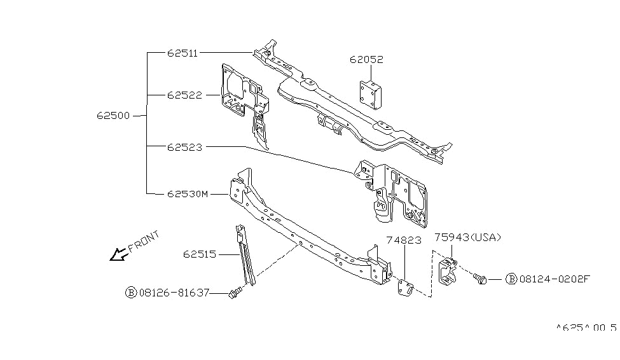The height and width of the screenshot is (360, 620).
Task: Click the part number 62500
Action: [x=114, y=116]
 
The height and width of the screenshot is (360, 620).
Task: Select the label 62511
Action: [x=183, y=53]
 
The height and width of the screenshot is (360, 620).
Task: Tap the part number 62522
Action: [x=184, y=95]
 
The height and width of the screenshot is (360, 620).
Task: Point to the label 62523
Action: [x=184, y=147]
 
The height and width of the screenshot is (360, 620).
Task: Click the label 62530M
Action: [x=188, y=193]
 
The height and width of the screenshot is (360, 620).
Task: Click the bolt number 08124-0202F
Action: [x=555, y=279]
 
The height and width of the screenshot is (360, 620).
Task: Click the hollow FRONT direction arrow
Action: [x=118, y=255]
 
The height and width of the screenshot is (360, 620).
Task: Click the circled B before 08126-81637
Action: [x=131, y=293]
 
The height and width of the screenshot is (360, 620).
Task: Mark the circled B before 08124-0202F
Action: [x=512, y=279]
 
